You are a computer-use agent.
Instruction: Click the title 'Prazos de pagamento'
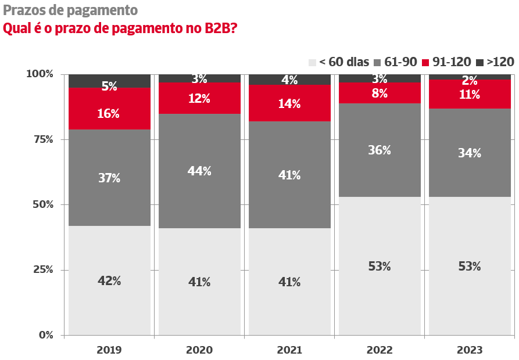pos(70,10)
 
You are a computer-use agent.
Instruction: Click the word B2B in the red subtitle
pos(220,28)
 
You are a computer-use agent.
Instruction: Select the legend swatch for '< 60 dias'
pos(312,62)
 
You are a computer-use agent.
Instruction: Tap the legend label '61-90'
pos(401,62)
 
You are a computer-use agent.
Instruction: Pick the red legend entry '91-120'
pos(452,62)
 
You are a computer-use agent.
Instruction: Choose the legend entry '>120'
pos(500,62)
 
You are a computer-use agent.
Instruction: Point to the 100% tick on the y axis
pos(40,74)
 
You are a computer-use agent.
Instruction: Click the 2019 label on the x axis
pos(109,350)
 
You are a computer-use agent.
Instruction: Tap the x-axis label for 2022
pos(380,350)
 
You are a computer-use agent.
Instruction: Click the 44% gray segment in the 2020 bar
pos(199,171)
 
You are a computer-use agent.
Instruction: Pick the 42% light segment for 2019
pos(109,280)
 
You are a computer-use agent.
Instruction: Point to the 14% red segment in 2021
pos(289,103)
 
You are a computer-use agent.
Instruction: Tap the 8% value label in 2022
pos(380,93)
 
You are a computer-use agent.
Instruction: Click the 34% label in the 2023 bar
pos(470,153)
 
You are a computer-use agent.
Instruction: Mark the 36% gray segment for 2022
pos(380,150)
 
